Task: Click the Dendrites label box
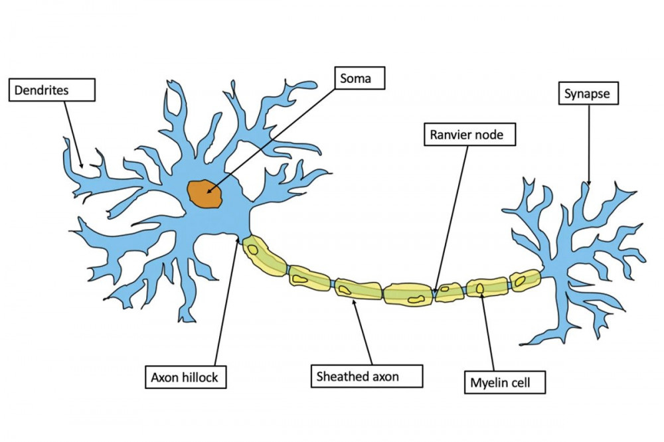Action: click(52, 90)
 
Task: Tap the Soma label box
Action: click(360, 78)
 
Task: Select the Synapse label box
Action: click(588, 93)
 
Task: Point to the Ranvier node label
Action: click(469, 135)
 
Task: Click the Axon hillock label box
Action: click(185, 377)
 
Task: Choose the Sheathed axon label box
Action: click(367, 376)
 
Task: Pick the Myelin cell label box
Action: click(505, 382)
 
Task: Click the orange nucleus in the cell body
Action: click(205, 194)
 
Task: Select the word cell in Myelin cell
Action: click(520, 383)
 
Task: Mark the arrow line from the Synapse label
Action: click(588, 145)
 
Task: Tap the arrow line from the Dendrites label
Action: click(73, 135)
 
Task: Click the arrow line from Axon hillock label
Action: click(226, 301)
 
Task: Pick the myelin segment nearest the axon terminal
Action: click(525, 279)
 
